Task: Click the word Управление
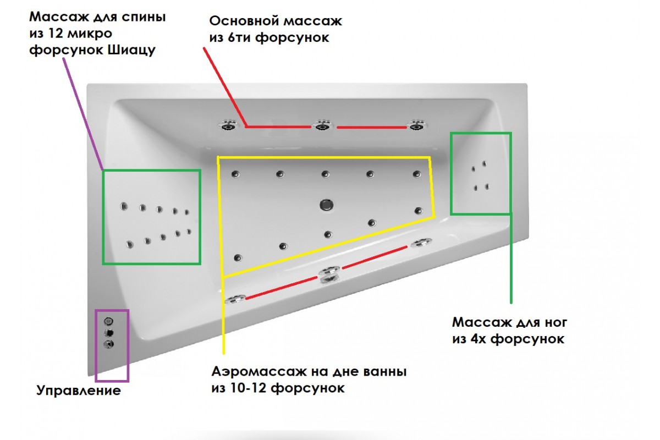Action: click(x=78, y=391)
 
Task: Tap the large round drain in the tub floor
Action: click(x=327, y=205)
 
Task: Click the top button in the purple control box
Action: click(x=109, y=321)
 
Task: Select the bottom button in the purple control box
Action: click(x=109, y=345)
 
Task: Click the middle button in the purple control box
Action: click(x=109, y=333)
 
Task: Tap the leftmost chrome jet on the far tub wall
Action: click(x=228, y=125)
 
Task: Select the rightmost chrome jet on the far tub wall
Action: click(x=417, y=125)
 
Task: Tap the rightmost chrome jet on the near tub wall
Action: click(x=421, y=243)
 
